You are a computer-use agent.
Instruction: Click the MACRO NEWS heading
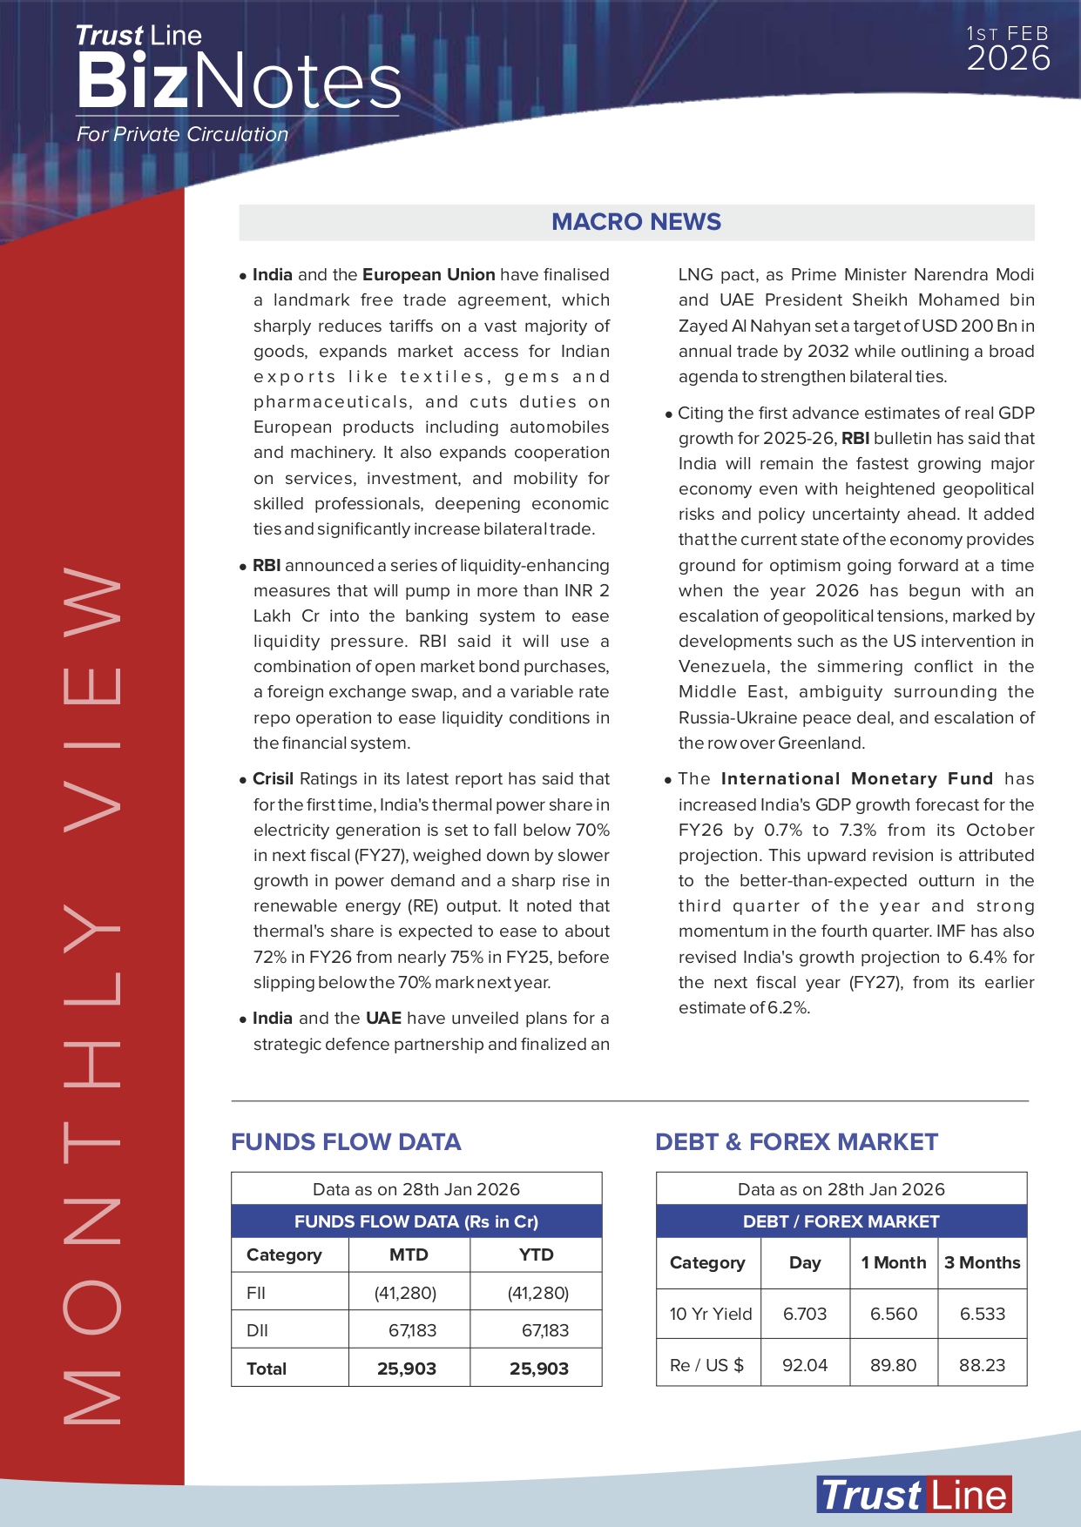(x=636, y=222)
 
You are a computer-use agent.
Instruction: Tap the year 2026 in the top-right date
(x=1008, y=59)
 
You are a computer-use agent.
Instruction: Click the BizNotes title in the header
(x=239, y=81)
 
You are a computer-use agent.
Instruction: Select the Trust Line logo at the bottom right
(x=914, y=1495)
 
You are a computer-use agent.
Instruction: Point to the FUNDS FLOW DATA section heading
(x=346, y=1142)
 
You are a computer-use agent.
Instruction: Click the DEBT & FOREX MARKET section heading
(x=796, y=1142)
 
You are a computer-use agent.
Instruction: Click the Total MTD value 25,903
(x=407, y=1369)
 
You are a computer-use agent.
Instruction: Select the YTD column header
(x=536, y=1255)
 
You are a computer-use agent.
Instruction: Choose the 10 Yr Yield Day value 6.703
(x=805, y=1314)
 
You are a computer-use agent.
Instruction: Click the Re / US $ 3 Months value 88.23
(x=982, y=1365)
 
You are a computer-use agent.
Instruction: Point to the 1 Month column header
(x=894, y=1262)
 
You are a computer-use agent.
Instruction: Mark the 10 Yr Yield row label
(x=710, y=1314)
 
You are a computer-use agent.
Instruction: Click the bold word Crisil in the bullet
(x=274, y=779)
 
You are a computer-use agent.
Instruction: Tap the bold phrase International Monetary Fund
(x=856, y=779)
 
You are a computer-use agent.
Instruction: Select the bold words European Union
(x=429, y=275)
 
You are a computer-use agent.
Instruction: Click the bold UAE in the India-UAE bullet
(x=383, y=1019)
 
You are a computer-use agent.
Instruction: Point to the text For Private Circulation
(x=182, y=135)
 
